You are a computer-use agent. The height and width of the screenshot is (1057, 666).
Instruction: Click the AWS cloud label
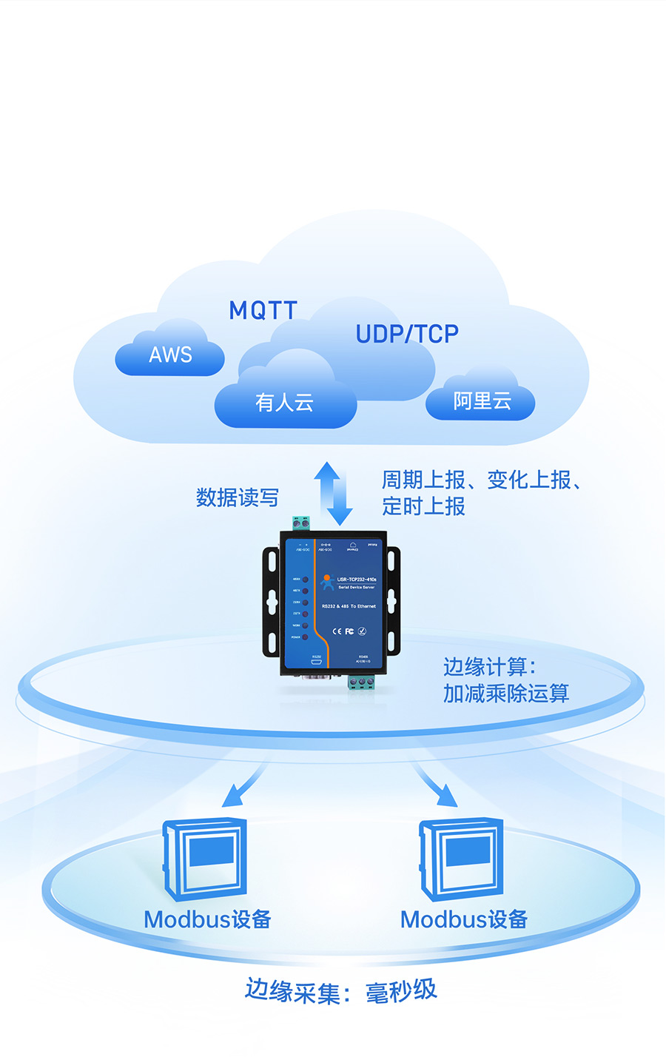click(170, 355)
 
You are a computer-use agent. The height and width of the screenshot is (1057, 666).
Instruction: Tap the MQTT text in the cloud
click(263, 310)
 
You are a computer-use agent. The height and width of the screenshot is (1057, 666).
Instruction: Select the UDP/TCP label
click(407, 334)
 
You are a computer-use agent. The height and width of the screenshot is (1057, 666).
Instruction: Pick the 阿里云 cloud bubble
click(482, 401)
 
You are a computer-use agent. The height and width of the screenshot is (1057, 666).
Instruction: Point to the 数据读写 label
click(237, 497)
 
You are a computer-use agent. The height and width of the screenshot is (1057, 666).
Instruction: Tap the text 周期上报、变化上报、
click(481, 480)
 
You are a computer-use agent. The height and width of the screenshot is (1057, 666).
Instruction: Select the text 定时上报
click(423, 506)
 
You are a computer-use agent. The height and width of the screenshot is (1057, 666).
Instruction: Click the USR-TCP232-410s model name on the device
click(357, 579)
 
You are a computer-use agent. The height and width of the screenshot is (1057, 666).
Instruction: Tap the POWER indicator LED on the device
click(305, 637)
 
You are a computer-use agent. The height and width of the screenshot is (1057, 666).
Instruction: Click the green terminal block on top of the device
click(300, 523)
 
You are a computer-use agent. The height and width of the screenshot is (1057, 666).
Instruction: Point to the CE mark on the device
click(337, 631)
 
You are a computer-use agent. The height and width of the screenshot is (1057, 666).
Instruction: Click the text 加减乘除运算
click(506, 694)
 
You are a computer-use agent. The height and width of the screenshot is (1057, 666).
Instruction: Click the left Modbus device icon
click(205, 859)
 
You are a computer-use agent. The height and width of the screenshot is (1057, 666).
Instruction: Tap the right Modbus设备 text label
click(464, 919)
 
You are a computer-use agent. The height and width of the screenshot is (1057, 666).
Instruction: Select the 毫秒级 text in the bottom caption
click(401, 991)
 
